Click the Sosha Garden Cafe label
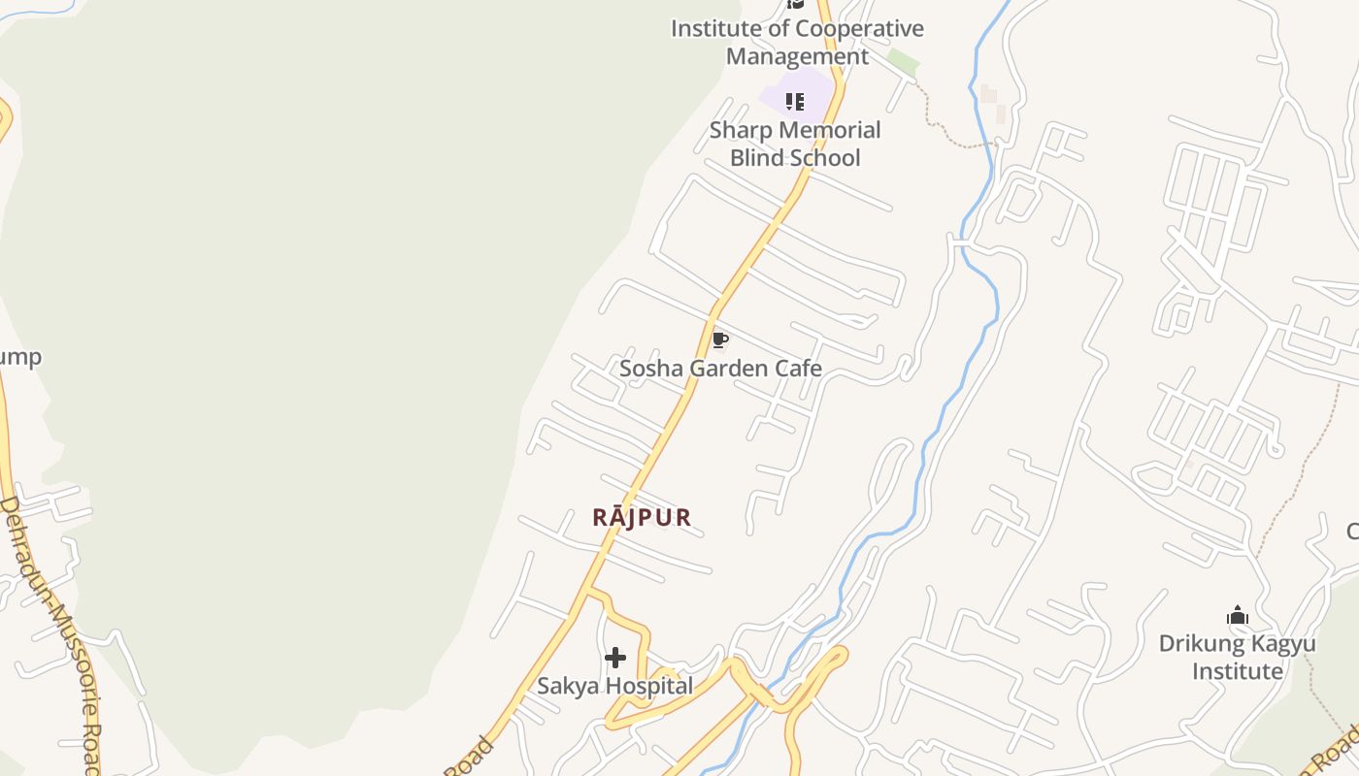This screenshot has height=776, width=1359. [x=720, y=369]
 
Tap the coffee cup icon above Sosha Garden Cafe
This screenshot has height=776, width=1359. [x=719, y=339]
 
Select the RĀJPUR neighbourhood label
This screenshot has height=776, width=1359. [x=642, y=517]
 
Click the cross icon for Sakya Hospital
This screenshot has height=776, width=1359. [x=615, y=658]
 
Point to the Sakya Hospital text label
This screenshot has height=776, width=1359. [x=615, y=686]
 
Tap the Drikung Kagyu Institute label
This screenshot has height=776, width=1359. [x=1237, y=657]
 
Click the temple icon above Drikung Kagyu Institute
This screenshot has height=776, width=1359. [x=1237, y=615]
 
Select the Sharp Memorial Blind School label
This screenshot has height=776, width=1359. [x=795, y=144]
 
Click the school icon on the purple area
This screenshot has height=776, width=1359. [x=795, y=101]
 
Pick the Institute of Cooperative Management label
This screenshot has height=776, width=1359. [x=797, y=42]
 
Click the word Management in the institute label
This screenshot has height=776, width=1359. [x=797, y=56]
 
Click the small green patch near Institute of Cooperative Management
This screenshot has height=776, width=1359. [x=902, y=63]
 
